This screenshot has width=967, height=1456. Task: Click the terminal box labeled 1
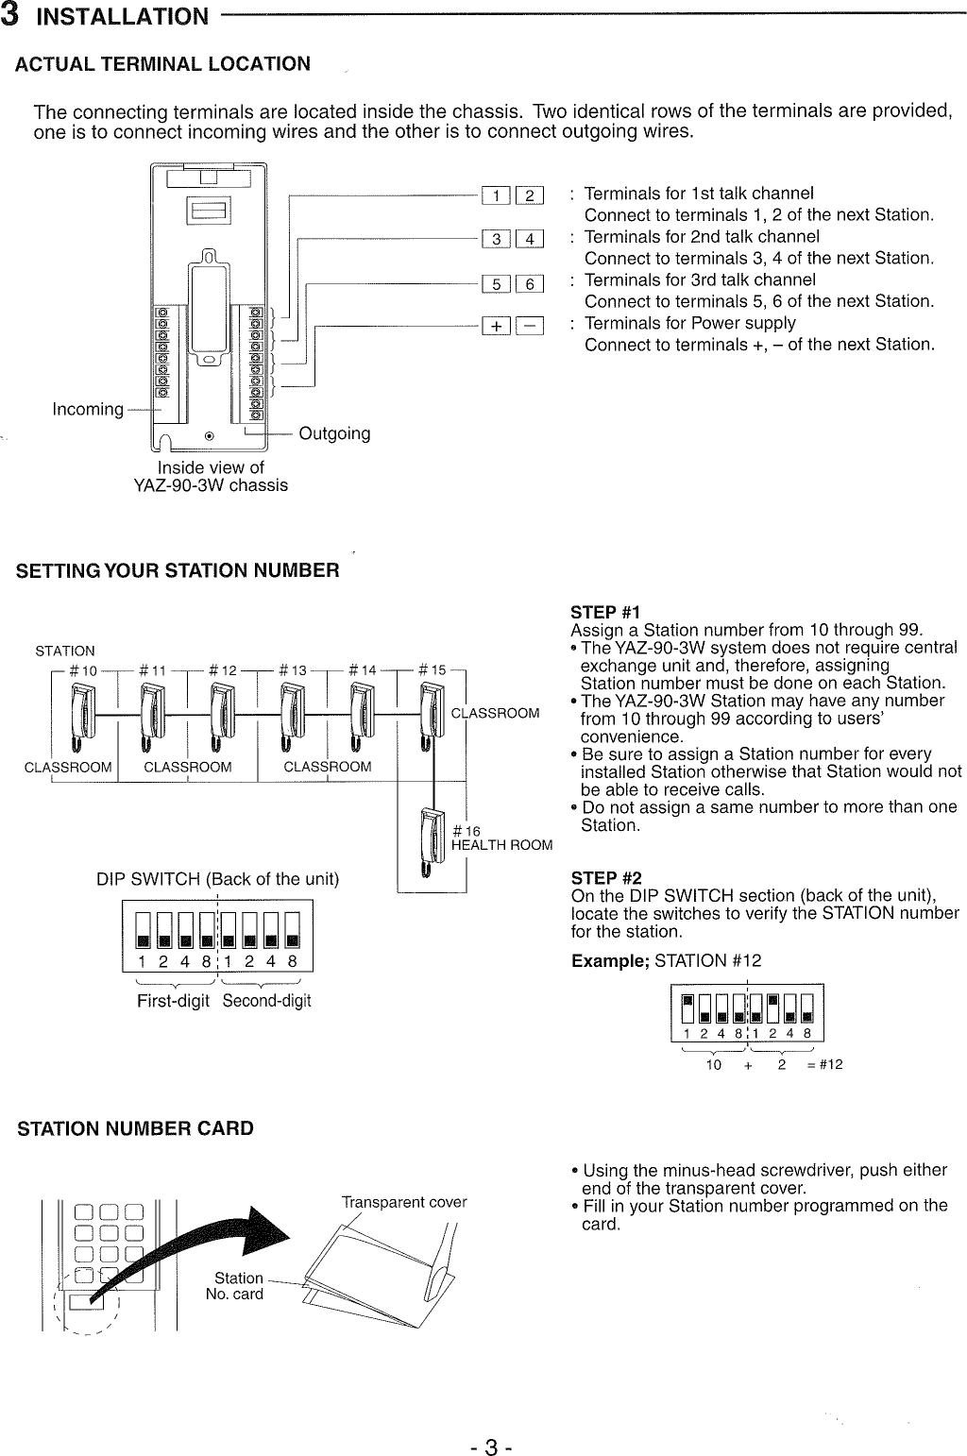click(x=496, y=196)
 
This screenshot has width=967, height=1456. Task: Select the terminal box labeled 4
click(x=530, y=239)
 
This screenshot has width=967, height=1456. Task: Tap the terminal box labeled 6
click(x=530, y=284)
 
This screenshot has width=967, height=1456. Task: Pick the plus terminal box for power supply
click(x=496, y=327)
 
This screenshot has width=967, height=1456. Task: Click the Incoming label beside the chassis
click(x=88, y=409)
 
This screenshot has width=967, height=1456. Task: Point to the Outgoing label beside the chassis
click(x=334, y=433)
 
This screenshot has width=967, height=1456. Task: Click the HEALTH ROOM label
click(x=501, y=845)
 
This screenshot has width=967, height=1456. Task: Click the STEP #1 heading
click(x=605, y=613)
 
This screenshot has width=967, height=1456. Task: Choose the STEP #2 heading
click(x=605, y=878)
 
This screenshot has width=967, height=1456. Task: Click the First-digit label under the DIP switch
click(x=173, y=1001)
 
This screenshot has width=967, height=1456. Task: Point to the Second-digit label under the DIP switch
click(x=266, y=1001)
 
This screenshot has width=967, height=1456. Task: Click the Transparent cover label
click(x=404, y=1202)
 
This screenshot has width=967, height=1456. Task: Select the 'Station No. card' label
click(x=236, y=1286)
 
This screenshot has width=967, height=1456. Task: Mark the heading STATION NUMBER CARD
click(x=136, y=1128)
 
